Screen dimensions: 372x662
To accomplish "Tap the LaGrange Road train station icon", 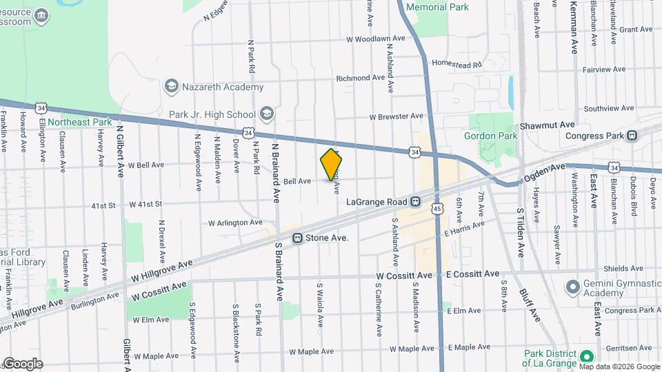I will [x=416, y=202].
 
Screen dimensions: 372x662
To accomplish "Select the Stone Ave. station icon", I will [x=297, y=238].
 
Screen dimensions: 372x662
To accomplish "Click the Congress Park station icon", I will [x=631, y=136].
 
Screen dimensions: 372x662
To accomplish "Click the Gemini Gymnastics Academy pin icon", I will [x=572, y=286].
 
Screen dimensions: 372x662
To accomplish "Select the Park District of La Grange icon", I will [x=586, y=356].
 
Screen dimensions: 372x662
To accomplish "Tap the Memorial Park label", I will [x=437, y=7].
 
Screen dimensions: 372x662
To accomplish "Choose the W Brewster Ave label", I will [x=396, y=116].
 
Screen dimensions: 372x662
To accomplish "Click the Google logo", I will [x=22, y=363].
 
